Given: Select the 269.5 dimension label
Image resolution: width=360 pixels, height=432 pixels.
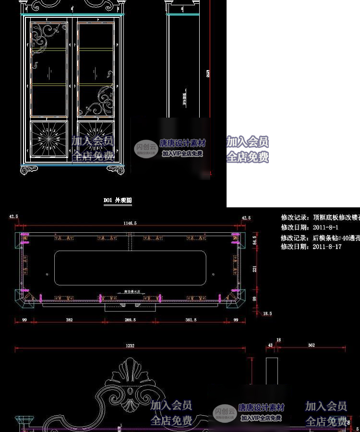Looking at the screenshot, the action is pyautogui.click(x=130, y=319).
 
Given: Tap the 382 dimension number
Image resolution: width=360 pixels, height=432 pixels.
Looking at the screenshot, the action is pyautogui.click(x=69, y=319).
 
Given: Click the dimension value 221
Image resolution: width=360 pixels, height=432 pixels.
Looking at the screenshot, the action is pyautogui.click(x=254, y=269).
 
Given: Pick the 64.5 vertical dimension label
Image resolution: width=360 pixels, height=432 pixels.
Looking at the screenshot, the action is pyautogui.click(x=254, y=239).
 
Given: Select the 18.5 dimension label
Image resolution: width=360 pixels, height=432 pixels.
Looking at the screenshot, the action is pyautogui.click(x=267, y=313).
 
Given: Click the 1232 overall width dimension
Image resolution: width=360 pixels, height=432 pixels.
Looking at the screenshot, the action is pyautogui.click(x=130, y=345).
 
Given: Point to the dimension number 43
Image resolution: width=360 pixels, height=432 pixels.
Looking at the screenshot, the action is pyautogui.click(x=270, y=345).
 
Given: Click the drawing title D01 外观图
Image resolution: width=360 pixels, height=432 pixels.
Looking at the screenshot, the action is pyautogui.click(x=118, y=200).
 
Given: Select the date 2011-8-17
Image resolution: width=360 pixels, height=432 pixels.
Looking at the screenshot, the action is pyautogui.click(x=327, y=247).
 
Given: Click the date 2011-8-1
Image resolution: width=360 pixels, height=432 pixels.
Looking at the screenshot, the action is pyautogui.click(x=325, y=228).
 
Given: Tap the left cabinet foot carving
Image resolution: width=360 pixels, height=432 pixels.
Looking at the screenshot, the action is pyautogui.click(x=29, y=169).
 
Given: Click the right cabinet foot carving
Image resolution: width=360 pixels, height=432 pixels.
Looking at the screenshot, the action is pyautogui.click(x=116, y=169).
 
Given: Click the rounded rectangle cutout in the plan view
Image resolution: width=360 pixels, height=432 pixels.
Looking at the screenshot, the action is pyautogui.click(x=131, y=267).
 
